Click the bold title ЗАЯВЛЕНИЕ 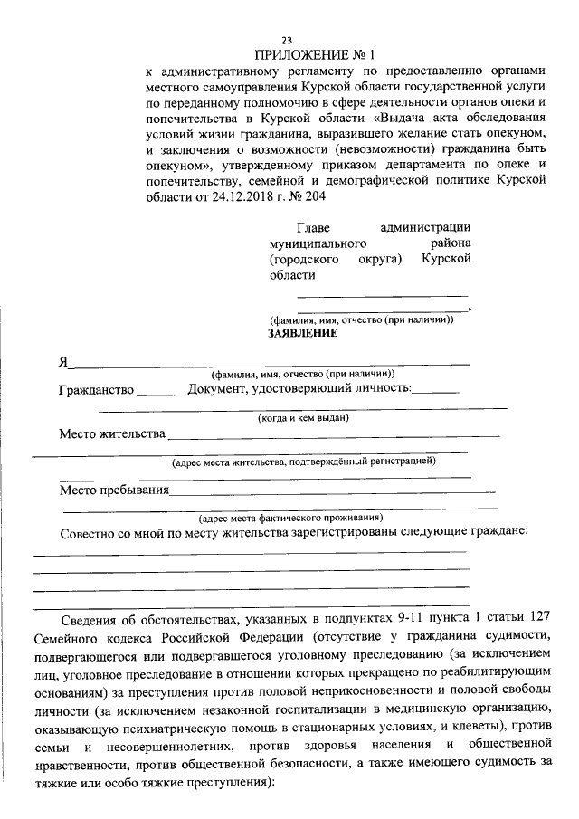(302, 334)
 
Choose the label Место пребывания (115, 490)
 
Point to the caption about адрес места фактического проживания (290, 518)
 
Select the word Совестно (92, 532)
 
